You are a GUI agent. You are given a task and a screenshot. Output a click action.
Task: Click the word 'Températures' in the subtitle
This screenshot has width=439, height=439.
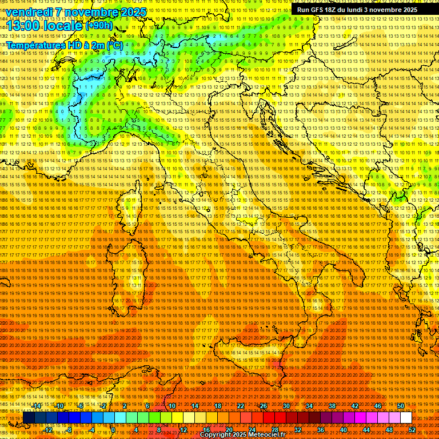(32, 45)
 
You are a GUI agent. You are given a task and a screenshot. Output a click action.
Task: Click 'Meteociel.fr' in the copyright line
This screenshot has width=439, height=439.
(270, 435)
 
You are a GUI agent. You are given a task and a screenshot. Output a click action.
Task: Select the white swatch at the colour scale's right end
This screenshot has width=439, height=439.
(406, 418)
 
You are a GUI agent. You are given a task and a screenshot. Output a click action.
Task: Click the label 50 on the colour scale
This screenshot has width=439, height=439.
(401, 406)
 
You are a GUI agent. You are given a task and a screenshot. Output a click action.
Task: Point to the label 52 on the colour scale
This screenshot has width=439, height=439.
(412, 430)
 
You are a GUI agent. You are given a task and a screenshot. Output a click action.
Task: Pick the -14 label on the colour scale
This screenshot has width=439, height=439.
(38, 406)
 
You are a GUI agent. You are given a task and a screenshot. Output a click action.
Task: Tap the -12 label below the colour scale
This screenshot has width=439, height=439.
(49, 430)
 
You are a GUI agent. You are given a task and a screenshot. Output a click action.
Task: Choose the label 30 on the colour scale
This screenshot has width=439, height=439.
(286, 406)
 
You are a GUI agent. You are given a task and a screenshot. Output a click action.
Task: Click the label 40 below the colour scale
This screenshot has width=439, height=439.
(344, 430)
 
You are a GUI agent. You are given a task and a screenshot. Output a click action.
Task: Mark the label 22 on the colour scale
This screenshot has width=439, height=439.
(241, 406)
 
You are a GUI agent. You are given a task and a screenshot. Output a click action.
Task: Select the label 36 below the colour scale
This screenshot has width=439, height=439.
(321, 430)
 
